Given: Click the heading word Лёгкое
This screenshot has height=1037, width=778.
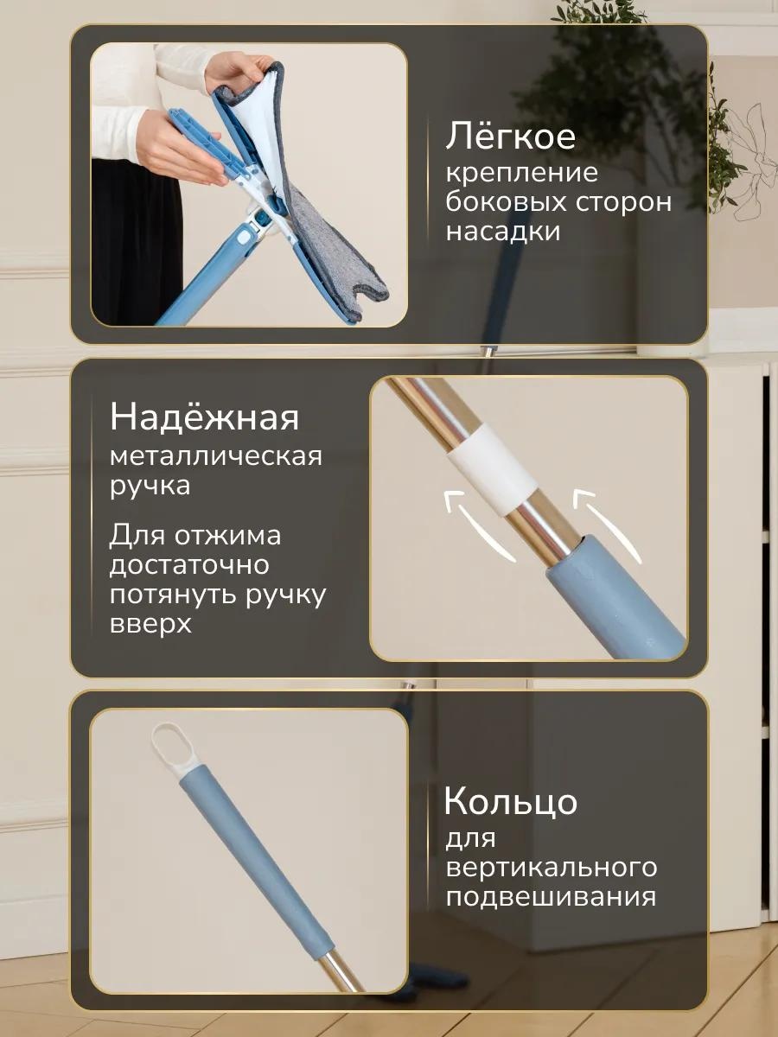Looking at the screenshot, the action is tap(511, 136).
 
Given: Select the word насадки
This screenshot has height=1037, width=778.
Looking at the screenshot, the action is tap(503, 232).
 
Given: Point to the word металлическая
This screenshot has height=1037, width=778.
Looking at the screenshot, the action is tap(216, 457).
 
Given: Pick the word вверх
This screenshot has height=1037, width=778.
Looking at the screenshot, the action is tap(150, 624).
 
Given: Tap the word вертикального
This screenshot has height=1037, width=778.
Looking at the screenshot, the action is tap(552, 868).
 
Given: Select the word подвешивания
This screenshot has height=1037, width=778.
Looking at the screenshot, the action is tap(551, 897).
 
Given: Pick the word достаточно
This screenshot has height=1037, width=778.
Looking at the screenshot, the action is tap(189, 564).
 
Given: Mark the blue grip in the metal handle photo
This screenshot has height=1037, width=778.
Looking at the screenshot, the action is tap(614, 598).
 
